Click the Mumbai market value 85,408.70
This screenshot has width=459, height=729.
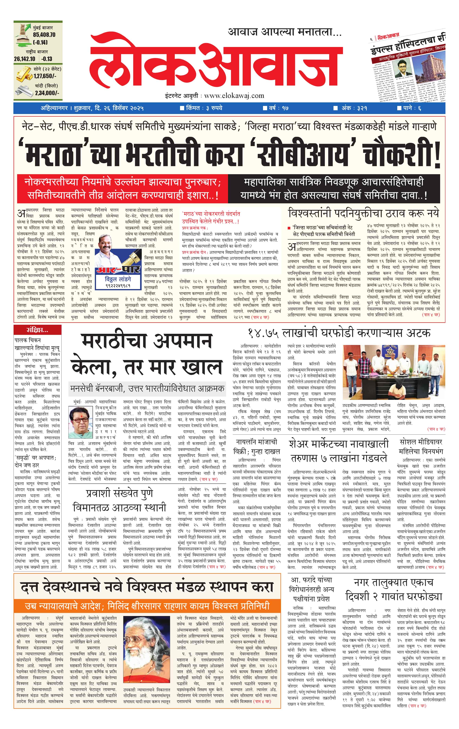44,35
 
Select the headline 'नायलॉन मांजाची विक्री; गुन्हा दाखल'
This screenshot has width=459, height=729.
257,447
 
